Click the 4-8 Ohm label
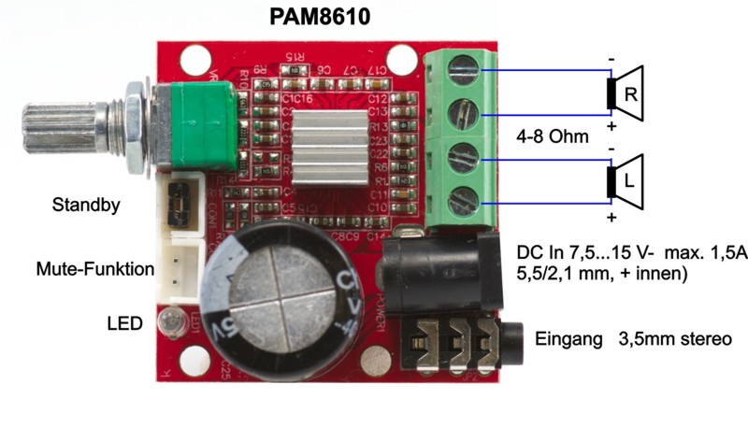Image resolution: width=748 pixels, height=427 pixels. pyautogui.click(x=553, y=136)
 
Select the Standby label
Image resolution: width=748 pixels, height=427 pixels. pyautogui.click(x=86, y=205)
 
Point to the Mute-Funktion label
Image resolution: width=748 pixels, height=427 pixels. pyautogui.click(x=93, y=269)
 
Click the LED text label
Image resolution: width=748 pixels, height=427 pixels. pyautogui.click(x=124, y=324)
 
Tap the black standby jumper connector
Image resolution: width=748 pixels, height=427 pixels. pyautogui.click(x=176, y=203)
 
